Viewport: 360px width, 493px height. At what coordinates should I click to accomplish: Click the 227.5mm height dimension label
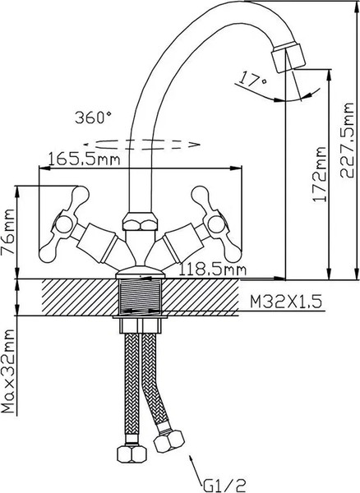pyautogui.click(x=347, y=141)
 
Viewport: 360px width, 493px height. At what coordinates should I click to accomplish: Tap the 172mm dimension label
pyautogui.click(x=320, y=174)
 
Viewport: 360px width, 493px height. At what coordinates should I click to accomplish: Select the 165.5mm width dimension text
pyautogui.click(x=85, y=159)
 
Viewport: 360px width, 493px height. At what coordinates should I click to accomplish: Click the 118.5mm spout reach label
pyautogui.click(x=213, y=270)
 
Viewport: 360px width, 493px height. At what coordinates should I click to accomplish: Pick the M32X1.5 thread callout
pyautogui.click(x=286, y=302)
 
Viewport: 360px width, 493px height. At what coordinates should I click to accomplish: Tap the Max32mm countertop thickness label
pyautogui.click(x=8, y=371)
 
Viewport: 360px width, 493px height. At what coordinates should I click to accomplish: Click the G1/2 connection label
pyautogui.click(x=224, y=486)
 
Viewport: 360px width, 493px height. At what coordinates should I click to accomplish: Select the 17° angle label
pyautogui.click(x=252, y=80)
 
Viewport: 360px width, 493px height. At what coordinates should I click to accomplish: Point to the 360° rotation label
pyautogui.click(x=93, y=117)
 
